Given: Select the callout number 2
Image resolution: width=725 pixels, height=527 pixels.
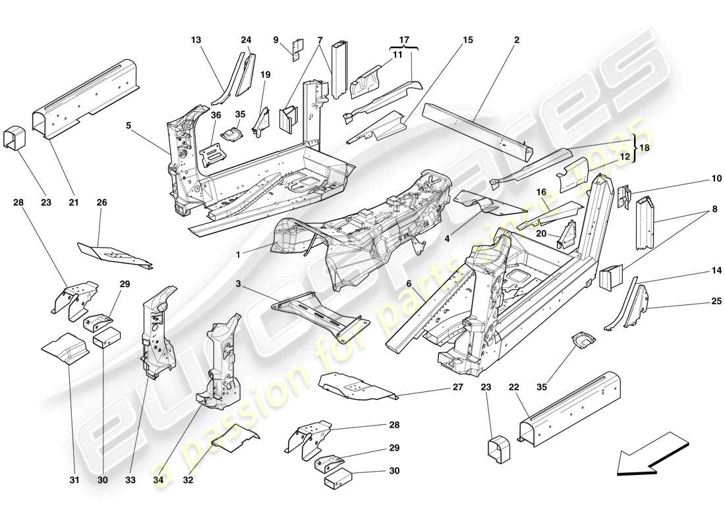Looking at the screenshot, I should (x=516, y=40).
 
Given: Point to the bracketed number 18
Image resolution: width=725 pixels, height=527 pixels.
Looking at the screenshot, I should (x=645, y=149).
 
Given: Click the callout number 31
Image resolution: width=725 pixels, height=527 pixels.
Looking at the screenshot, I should (x=73, y=481).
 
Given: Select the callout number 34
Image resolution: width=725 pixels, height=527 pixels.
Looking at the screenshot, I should (x=158, y=481).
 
